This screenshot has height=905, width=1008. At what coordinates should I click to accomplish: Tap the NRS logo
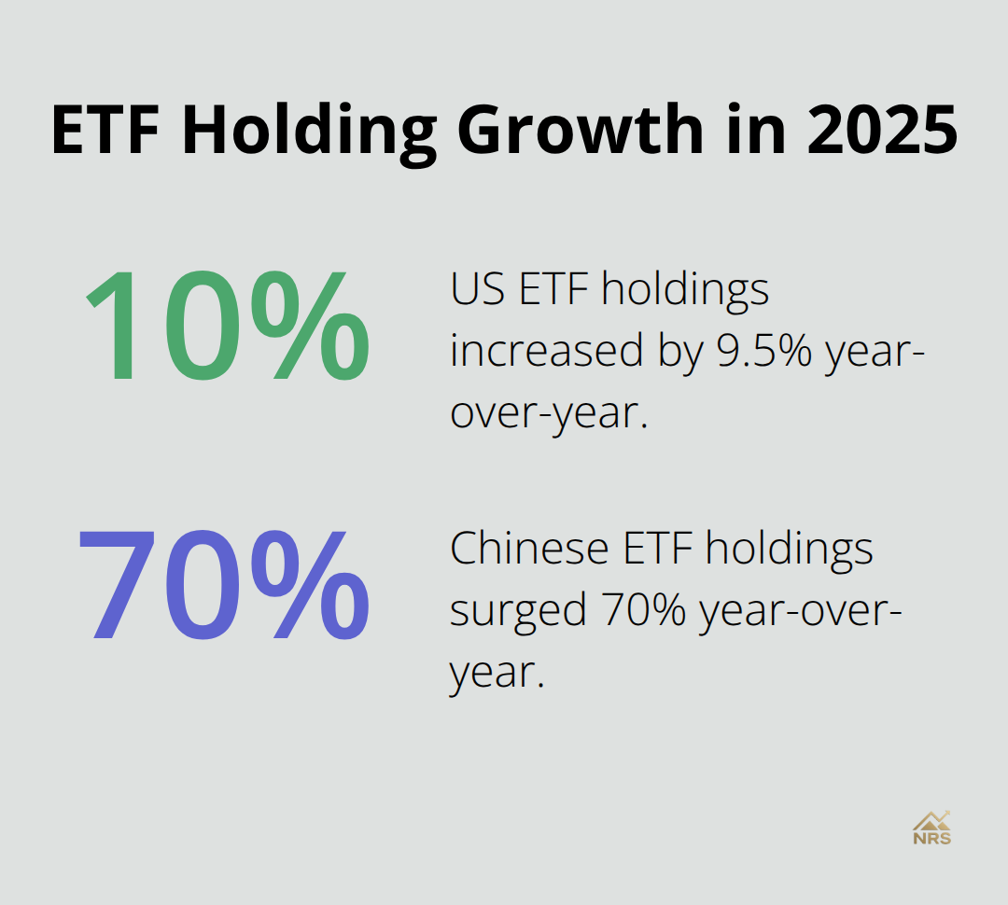931,827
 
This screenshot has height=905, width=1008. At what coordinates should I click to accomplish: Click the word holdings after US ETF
685,289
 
